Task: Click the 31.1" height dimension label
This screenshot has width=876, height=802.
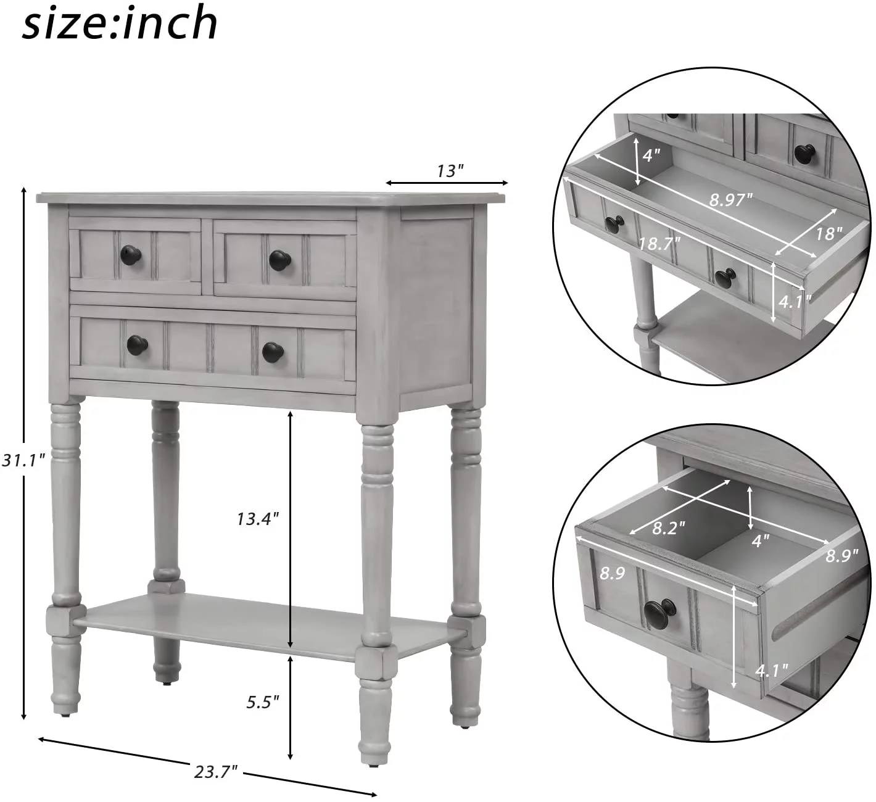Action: (23, 460)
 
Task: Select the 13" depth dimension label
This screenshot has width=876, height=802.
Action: (450, 170)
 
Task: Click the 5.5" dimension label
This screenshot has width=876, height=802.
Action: (262, 701)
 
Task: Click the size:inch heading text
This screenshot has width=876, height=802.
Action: (120, 23)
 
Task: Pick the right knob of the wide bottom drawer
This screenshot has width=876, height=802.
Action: (272, 352)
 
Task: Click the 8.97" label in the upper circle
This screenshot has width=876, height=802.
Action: (731, 199)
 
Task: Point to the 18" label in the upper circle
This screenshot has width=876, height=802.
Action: (828, 233)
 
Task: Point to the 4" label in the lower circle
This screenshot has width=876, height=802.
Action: (760, 540)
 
